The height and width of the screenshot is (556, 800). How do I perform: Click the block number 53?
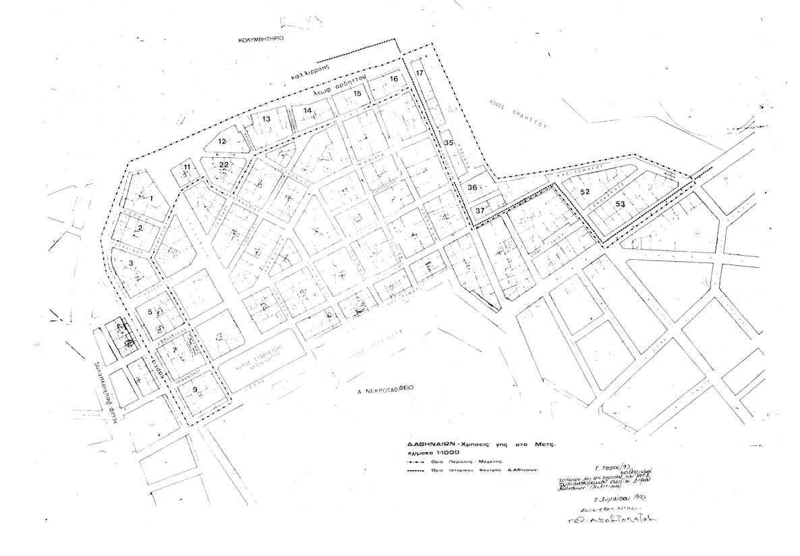point(620,203)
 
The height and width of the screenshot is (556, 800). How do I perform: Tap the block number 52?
point(585,192)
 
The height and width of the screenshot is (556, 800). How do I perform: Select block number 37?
point(480,211)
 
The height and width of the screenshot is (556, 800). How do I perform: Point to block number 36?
point(472,188)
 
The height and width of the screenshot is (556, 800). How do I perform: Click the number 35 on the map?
point(449,142)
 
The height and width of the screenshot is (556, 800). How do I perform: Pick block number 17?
point(419,73)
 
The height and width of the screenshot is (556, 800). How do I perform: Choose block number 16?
point(394,80)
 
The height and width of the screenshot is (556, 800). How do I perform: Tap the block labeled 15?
point(358,94)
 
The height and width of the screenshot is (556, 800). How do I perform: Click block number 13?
point(266,119)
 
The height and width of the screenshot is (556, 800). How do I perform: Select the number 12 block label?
point(222,141)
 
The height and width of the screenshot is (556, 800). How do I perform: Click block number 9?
point(195,390)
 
